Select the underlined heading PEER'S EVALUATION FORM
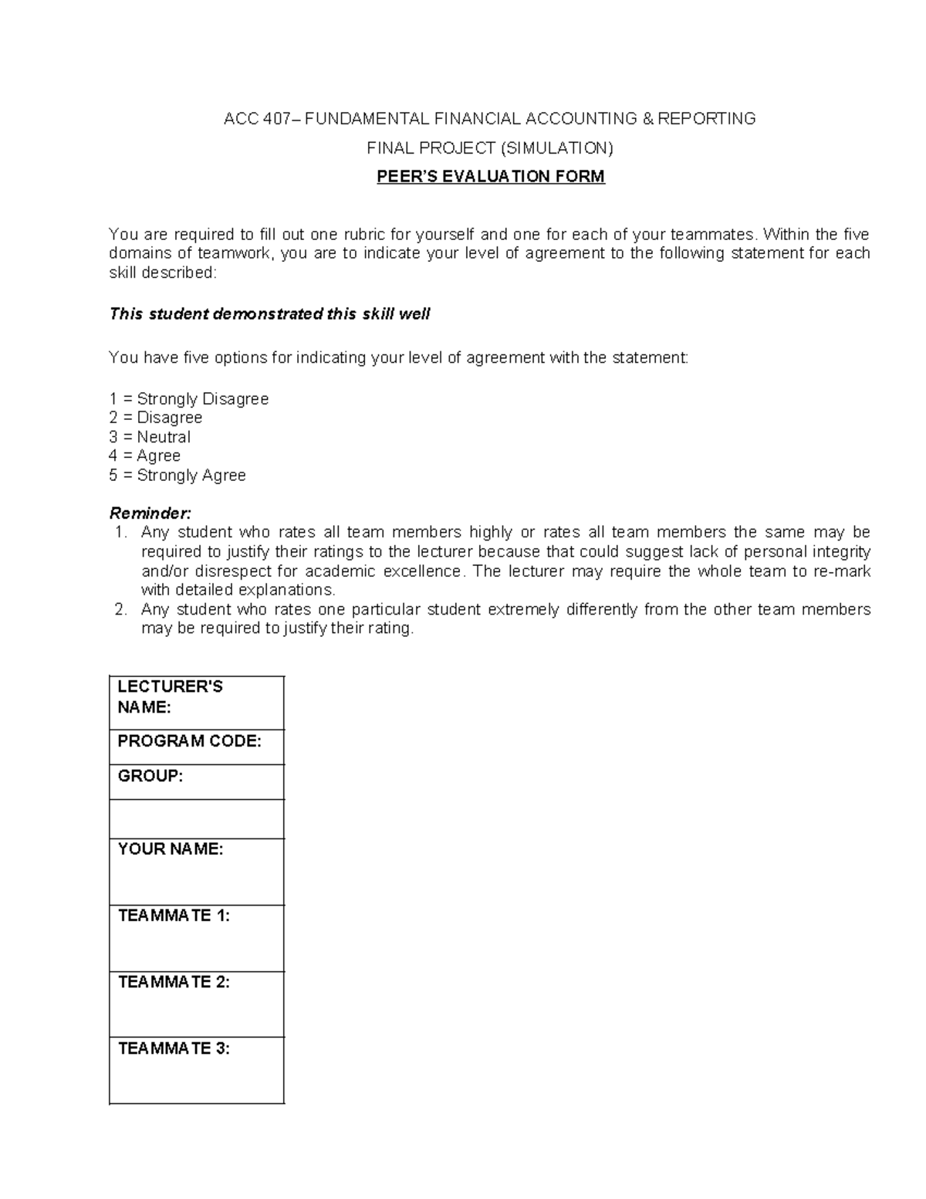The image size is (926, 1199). point(490,177)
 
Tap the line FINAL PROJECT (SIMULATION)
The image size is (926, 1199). point(490,147)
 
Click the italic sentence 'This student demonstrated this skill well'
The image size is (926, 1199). point(269,313)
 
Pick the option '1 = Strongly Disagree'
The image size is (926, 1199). point(189,399)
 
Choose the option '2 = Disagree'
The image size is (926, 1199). point(156,418)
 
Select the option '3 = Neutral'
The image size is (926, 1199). point(150,437)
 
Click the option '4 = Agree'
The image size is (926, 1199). point(145,456)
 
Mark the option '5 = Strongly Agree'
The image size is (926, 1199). point(177,475)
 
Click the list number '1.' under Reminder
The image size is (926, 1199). point(120,532)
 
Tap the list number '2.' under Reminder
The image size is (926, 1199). point(120,609)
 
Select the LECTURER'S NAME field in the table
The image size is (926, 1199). point(197,703)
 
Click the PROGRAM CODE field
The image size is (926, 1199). point(197,747)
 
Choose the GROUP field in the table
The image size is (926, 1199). point(197,781)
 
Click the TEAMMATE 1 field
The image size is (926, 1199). point(197,937)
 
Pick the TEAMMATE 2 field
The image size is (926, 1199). point(197,1004)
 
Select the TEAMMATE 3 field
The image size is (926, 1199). point(197,1069)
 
